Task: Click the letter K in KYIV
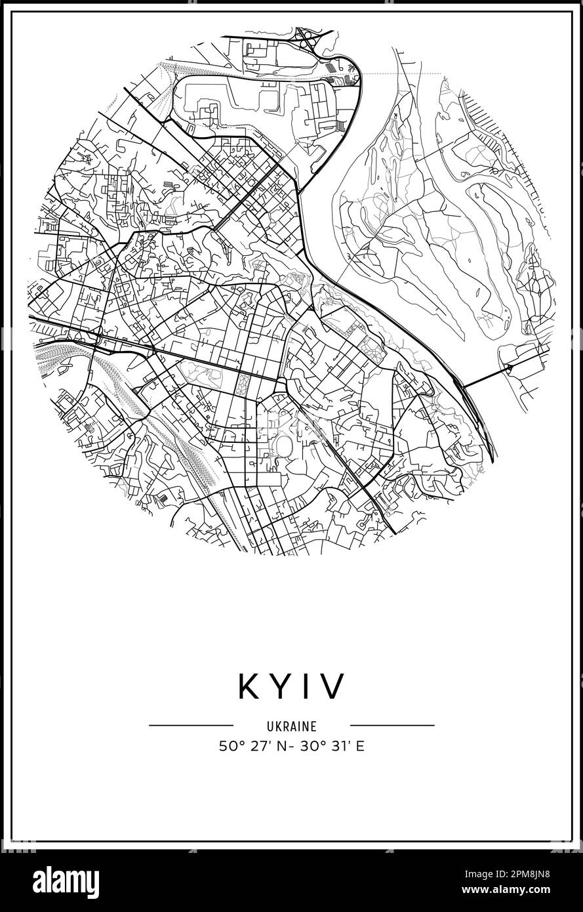[x=251, y=686]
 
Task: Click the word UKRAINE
[x=291, y=726]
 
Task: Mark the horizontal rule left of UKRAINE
[x=191, y=726]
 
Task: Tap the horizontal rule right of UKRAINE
[x=392, y=726]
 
